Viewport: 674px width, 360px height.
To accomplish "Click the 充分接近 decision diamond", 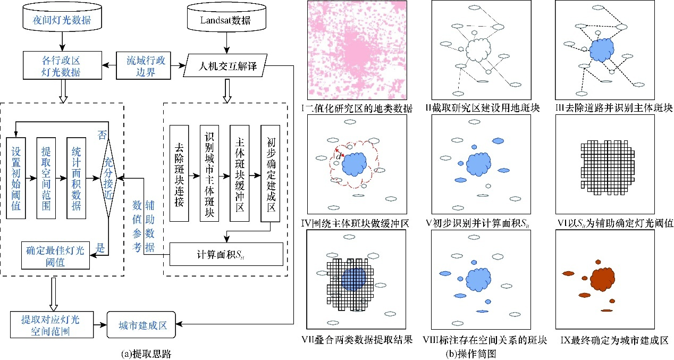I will tap(109, 178).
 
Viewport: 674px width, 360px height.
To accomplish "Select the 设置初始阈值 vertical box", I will tap(16, 178).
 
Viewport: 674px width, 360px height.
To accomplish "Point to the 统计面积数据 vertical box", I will tap(76, 178).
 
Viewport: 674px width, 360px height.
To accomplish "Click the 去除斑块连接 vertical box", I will tap(178, 173).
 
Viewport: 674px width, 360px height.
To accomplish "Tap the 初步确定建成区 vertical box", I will tap(269, 173).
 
